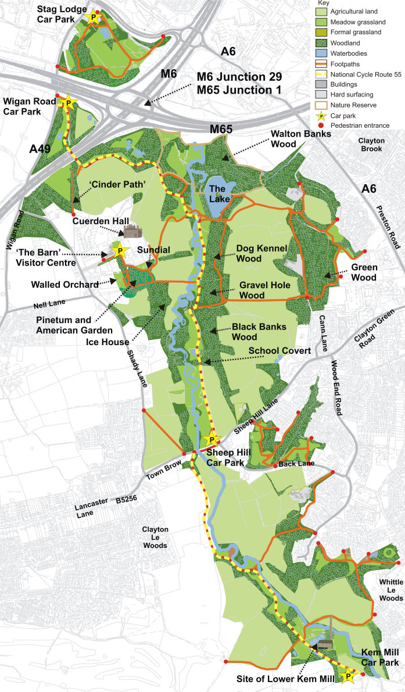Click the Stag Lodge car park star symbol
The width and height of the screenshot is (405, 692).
(x=92, y=17)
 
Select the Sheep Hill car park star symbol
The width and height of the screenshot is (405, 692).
(x=212, y=440)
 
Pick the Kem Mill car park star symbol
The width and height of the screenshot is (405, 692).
(x=348, y=676)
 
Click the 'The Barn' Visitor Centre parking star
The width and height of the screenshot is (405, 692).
(x=120, y=251)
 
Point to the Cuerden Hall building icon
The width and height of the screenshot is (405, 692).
(x=132, y=231)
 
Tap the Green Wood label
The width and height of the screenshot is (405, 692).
(x=364, y=273)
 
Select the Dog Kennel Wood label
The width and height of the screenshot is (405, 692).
(x=262, y=253)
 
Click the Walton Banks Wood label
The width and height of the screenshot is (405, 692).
(x=302, y=139)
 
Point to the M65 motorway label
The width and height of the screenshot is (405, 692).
(x=221, y=129)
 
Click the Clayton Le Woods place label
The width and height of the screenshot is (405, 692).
(x=155, y=537)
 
